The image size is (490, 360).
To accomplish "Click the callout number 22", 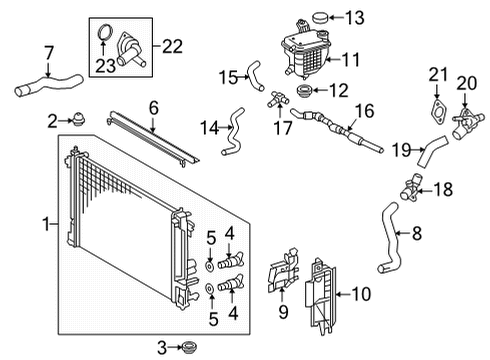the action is [x=173, y=46].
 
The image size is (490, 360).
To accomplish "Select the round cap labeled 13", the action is [x=320, y=18].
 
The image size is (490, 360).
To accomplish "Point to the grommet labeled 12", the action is [x=304, y=91].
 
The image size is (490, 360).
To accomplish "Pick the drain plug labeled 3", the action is [x=189, y=347].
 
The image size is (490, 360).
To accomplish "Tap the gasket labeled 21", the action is [x=437, y=112].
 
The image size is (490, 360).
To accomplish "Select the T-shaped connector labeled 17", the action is [x=277, y=98].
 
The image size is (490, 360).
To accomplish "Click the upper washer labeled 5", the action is [x=210, y=266].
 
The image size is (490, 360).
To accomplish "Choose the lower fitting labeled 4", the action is [x=231, y=286].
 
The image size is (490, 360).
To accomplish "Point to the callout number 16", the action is [x=364, y=111].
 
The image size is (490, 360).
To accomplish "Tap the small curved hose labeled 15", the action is [x=255, y=75].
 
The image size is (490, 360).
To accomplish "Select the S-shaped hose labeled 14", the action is [x=234, y=132].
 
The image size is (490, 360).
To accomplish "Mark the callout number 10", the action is [x=361, y=294].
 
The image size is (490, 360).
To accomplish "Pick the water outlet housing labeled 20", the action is [x=467, y=123].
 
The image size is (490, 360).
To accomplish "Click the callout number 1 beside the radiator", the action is [x=47, y=224].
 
